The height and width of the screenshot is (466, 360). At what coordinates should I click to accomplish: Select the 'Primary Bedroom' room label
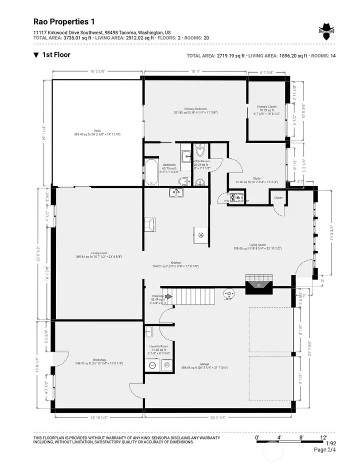pos(195,109)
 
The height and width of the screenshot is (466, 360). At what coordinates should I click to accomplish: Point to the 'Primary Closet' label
pos(266,107)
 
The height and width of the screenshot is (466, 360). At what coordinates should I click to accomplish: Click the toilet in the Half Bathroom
pos(200,150)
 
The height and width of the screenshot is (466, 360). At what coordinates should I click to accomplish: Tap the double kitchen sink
pos(176,192)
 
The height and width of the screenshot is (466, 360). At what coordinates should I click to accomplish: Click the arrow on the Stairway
pos(168,296)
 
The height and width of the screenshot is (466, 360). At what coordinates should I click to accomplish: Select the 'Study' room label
pos(257,178)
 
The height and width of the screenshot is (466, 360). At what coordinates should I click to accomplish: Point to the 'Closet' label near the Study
pos(278,198)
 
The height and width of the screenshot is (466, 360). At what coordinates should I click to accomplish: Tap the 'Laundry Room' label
pos(158,346)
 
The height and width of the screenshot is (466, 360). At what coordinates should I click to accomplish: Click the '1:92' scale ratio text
pos(330,443)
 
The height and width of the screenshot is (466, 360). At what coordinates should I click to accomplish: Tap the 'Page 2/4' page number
pos(324,449)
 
